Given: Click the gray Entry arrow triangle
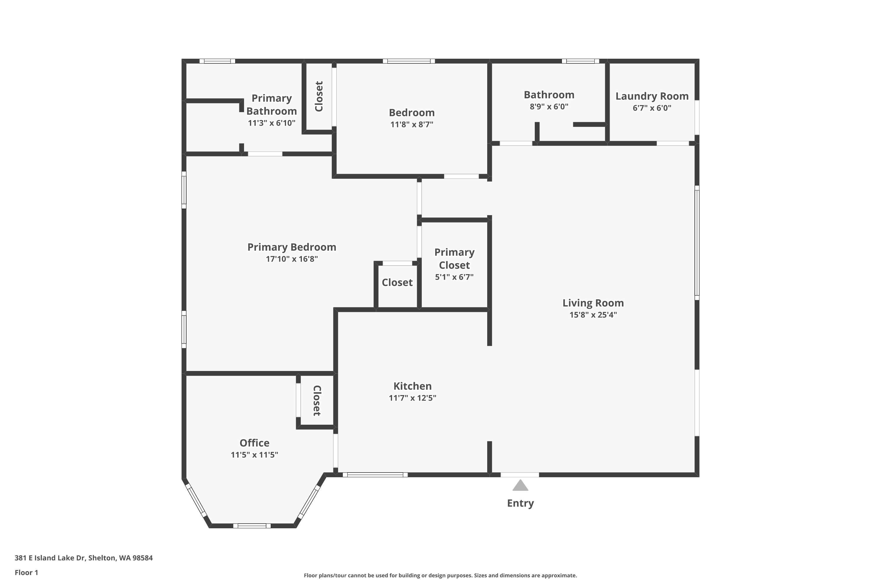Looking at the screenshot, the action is tap(520, 485).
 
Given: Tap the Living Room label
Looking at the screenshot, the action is tap(593, 303).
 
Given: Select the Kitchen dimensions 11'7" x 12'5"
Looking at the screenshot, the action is tap(412, 398).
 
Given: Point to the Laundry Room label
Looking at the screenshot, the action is tap(652, 96).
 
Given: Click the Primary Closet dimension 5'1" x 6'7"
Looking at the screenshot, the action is tap(454, 277).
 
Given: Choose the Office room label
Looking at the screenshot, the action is tap(254, 443).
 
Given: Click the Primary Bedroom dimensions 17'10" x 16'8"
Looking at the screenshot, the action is tap(292, 259).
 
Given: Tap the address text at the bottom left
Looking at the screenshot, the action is tap(83, 558).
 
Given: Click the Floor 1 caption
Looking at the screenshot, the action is tap(26, 572).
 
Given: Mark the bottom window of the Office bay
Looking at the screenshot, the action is tap(252, 526).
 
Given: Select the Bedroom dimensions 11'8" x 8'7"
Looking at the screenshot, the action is tap(412, 124).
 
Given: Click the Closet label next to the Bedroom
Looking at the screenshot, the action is tap(319, 96).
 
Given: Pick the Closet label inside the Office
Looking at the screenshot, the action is tap(317, 401).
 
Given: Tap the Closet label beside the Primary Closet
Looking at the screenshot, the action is tap(397, 282).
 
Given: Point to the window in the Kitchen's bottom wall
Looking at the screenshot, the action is tap(375, 475).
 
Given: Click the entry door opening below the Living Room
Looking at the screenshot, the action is tap(520, 475).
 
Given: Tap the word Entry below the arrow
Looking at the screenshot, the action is tap(520, 503).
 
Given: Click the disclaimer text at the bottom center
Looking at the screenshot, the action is tap(440, 575).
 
